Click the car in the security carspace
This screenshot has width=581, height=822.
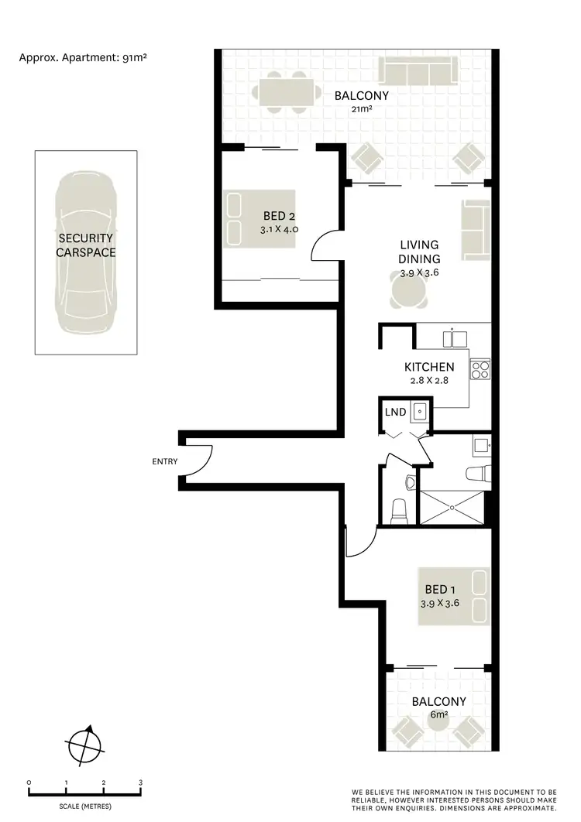(x=85, y=252)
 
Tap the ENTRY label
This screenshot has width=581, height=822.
(x=165, y=462)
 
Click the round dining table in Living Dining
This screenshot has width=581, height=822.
(x=407, y=292)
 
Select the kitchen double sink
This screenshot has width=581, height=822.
(x=453, y=338)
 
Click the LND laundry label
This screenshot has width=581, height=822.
(x=395, y=411)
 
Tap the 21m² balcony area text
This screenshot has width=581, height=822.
(x=361, y=110)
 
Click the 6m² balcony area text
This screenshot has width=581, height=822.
(x=438, y=714)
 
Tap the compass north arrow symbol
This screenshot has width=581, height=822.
(x=85, y=747)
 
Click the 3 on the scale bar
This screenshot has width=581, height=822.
(x=140, y=783)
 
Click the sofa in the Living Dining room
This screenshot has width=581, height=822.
(x=475, y=231)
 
